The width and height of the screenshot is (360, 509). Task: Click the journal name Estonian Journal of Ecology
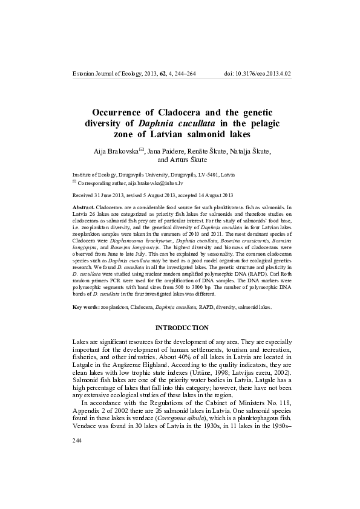point(106,74)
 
